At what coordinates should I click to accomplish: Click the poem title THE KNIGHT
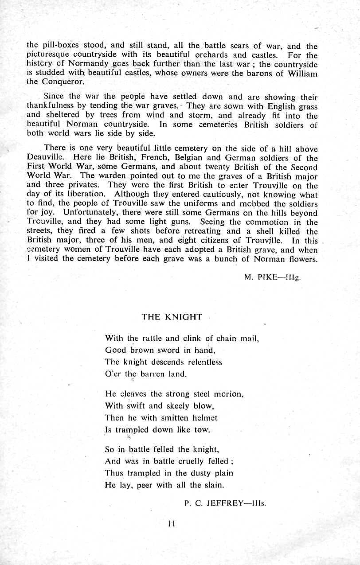point(172,317)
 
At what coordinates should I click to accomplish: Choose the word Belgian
point(188,158)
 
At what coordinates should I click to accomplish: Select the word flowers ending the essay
point(302,259)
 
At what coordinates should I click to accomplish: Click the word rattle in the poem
point(138,339)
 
